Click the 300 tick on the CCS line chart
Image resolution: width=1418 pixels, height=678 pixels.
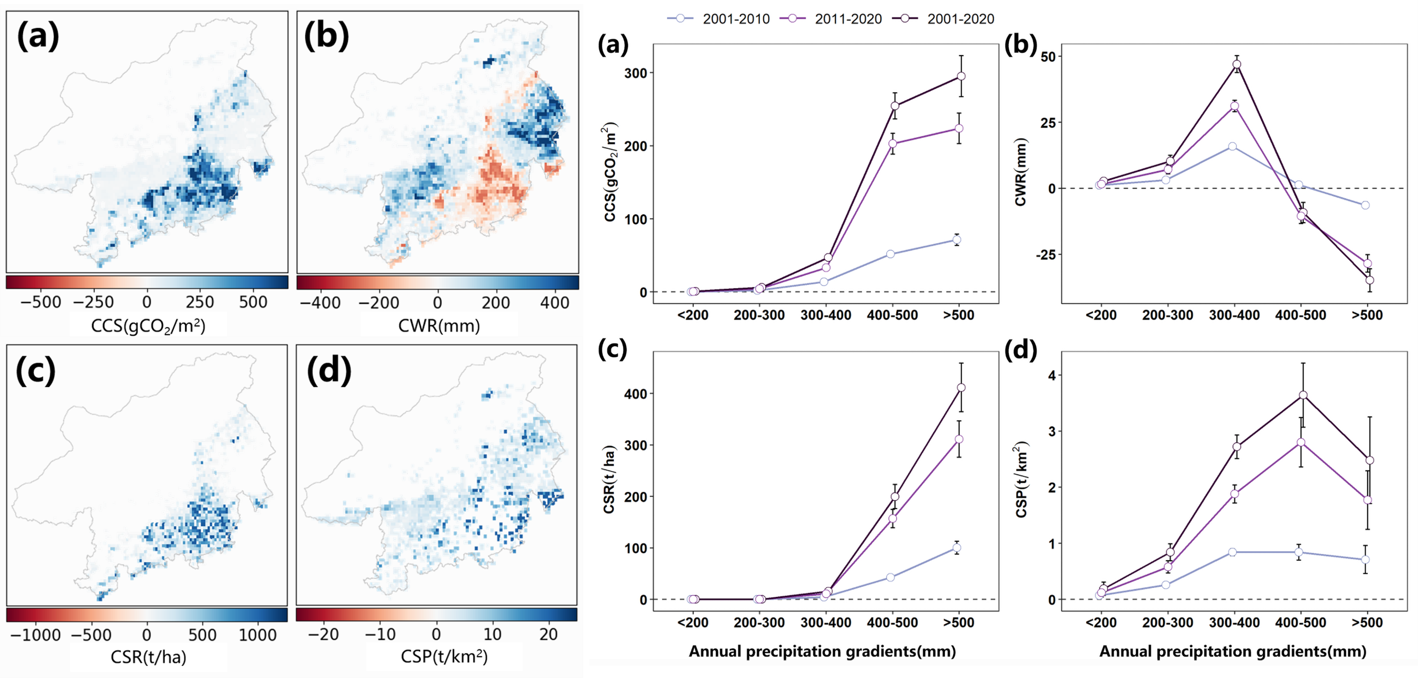click(636, 73)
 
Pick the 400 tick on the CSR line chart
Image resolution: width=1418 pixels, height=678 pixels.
click(636, 393)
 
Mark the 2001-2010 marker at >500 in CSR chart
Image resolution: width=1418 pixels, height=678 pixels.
click(957, 548)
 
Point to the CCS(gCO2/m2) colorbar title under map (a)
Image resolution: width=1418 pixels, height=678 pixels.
click(148, 326)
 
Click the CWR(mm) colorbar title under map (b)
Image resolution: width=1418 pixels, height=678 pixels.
click(439, 326)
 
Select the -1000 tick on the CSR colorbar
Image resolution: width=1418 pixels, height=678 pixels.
click(35, 635)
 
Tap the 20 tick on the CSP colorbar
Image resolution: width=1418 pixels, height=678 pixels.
click(548, 634)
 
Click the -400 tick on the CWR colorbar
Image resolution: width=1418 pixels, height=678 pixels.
click(320, 302)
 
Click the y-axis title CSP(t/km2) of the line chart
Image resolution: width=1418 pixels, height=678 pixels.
click(1022, 479)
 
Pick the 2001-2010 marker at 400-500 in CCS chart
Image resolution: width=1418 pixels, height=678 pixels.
click(890, 254)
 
